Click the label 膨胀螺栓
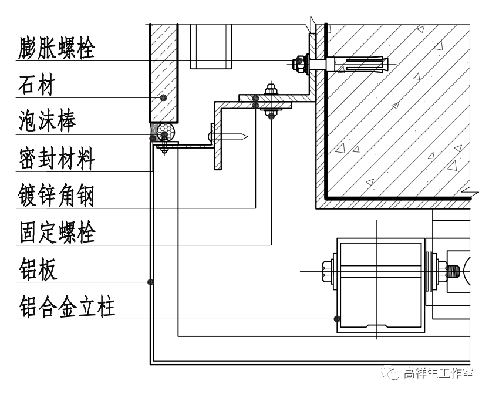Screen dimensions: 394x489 click(56, 48)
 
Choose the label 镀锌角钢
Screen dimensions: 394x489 click(56, 196)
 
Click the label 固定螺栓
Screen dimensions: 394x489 click(56, 233)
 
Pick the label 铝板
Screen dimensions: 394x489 click(38, 270)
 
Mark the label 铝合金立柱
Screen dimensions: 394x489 click(66, 307)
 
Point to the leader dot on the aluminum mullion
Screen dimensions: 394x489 click(336, 319)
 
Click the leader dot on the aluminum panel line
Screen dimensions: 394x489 click(151, 282)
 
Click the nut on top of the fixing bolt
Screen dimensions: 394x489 click(271, 90)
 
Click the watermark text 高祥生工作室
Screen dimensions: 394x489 click(438, 373)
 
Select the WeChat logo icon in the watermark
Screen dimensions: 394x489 click(389, 372)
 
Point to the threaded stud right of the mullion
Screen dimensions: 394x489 click(453, 271)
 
